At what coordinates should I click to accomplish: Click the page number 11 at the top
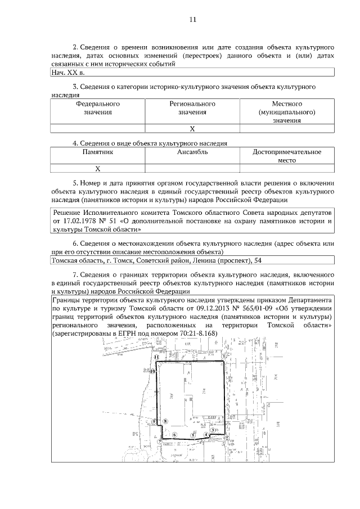(x=192, y=19)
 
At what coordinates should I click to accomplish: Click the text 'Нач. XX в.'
(x=68, y=73)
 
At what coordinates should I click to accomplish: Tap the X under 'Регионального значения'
(x=192, y=129)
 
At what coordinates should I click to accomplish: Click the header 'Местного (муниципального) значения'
(x=287, y=112)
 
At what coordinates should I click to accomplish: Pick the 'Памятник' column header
(x=97, y=152)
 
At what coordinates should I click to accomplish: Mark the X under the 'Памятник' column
(x=97, y=168)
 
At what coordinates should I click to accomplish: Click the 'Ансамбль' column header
(x=192, y=152)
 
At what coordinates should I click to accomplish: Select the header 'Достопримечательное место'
(x=287, y=156)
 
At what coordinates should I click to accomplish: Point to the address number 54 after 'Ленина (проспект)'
(x=257, y=260)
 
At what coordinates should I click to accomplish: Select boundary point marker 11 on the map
(x=157, y=357)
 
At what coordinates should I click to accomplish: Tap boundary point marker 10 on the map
(x=152, y=371)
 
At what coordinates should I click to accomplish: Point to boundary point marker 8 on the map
(x=165, y=421)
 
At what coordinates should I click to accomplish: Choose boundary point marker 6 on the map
(x=175, y=434)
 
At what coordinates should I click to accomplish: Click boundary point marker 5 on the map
(x=193, y=435)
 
